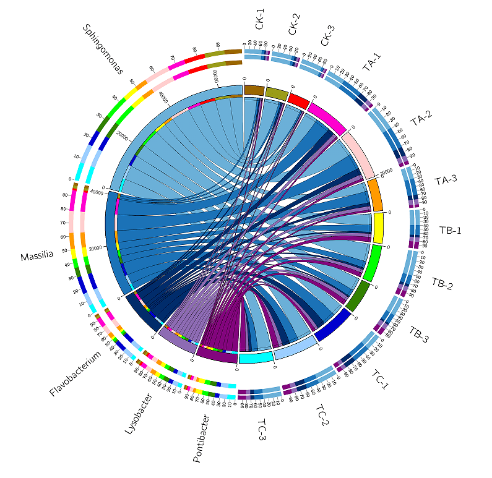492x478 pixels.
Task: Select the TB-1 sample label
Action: coord(451,230)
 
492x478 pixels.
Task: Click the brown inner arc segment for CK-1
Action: coord(254,90)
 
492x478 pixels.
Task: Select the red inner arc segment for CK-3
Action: coord(299,101)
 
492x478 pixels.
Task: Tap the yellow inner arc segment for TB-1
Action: coord(378,228)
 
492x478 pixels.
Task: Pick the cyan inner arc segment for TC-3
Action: coord(256,357)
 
